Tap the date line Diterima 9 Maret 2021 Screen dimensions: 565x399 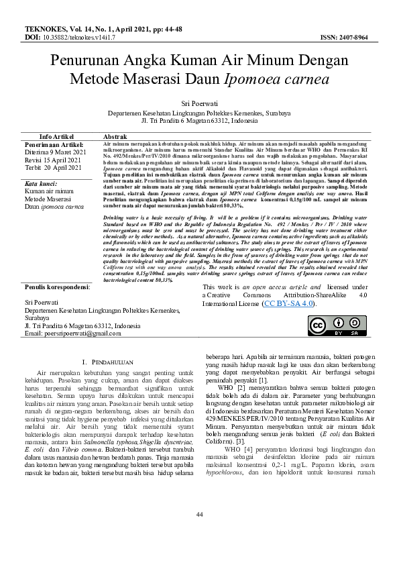(55, 152)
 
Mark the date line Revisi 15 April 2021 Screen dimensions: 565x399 (53, 160)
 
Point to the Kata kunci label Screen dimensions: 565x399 (40, 183)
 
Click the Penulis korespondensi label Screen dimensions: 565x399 (56, 287)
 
